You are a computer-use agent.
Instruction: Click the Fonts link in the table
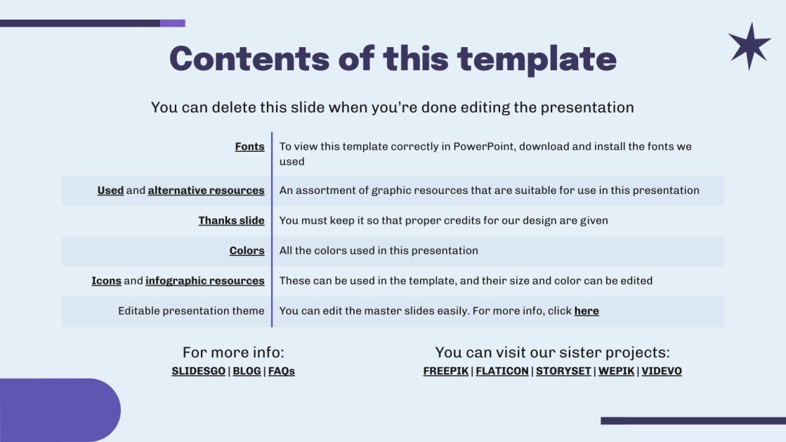click(249, 147)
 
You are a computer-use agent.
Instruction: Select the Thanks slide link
click(231, 221)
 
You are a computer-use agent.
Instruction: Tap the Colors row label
click(247, 251)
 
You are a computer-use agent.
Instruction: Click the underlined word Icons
click(106, 281)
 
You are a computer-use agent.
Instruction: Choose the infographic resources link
click(204, 281)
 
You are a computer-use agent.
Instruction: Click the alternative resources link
click(206, 190)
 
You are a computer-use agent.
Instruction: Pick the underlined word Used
click(110, 190)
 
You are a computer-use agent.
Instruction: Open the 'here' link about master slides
click(587, 311)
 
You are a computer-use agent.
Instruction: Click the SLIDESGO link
click(199, 371)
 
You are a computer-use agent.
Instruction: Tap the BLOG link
click(247, 371)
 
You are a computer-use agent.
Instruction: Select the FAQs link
click(282, 371)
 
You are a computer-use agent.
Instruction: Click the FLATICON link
click(502, 371)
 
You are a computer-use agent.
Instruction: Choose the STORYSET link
click(563, 371)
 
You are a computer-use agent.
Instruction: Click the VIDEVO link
click(662, 371)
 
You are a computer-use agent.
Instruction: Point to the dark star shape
click(749, 46)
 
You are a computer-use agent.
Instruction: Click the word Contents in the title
click(249, 58)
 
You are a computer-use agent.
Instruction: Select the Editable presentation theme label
click(191, 311)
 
